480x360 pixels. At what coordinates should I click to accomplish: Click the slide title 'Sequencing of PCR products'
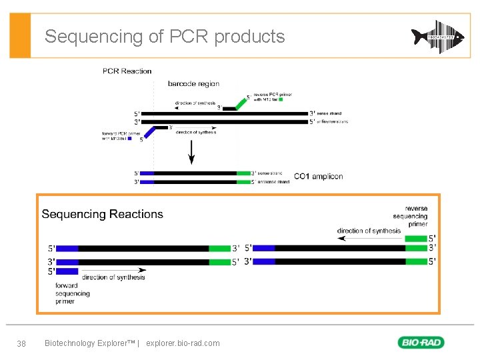tap(165, 36)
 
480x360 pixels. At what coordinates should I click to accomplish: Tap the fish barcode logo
tap(437, 37)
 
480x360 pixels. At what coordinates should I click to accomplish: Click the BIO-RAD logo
tap(421, 343)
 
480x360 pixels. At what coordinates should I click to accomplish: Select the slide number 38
tap(21, 343)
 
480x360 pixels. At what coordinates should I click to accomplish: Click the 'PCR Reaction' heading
tap(127, 71)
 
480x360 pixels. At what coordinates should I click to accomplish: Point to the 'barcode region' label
tap(193, 84)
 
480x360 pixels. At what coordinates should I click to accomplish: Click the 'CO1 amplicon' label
tap(318, 177)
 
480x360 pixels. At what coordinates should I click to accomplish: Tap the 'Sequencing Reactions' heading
tap(102, 214)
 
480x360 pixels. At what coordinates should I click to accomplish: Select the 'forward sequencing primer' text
tap(73, 293)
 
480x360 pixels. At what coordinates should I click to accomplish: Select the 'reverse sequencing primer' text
tap(411, 216)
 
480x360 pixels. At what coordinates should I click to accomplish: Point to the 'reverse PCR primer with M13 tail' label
tap(271, 97)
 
